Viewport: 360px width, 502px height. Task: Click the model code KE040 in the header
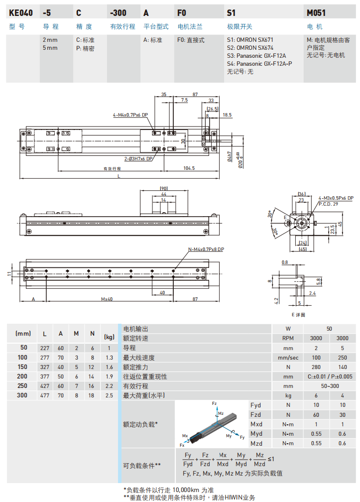[20, 12]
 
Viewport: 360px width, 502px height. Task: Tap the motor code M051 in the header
[316, 12]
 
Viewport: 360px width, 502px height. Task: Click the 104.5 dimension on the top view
[189, 169]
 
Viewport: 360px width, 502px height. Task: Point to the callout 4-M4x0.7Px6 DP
[130, 115]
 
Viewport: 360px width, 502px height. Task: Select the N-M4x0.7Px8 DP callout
[206, 249]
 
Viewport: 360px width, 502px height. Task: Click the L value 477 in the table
[45, 395]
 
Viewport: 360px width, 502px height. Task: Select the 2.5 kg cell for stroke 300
[109, 395]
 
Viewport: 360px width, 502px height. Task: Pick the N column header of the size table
[92, 334]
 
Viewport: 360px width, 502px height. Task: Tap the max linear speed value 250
[343, 358]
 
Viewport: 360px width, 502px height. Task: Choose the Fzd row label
[256, 414]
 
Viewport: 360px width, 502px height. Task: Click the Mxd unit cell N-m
[288, 424]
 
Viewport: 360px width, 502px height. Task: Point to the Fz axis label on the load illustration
[214, 403]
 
